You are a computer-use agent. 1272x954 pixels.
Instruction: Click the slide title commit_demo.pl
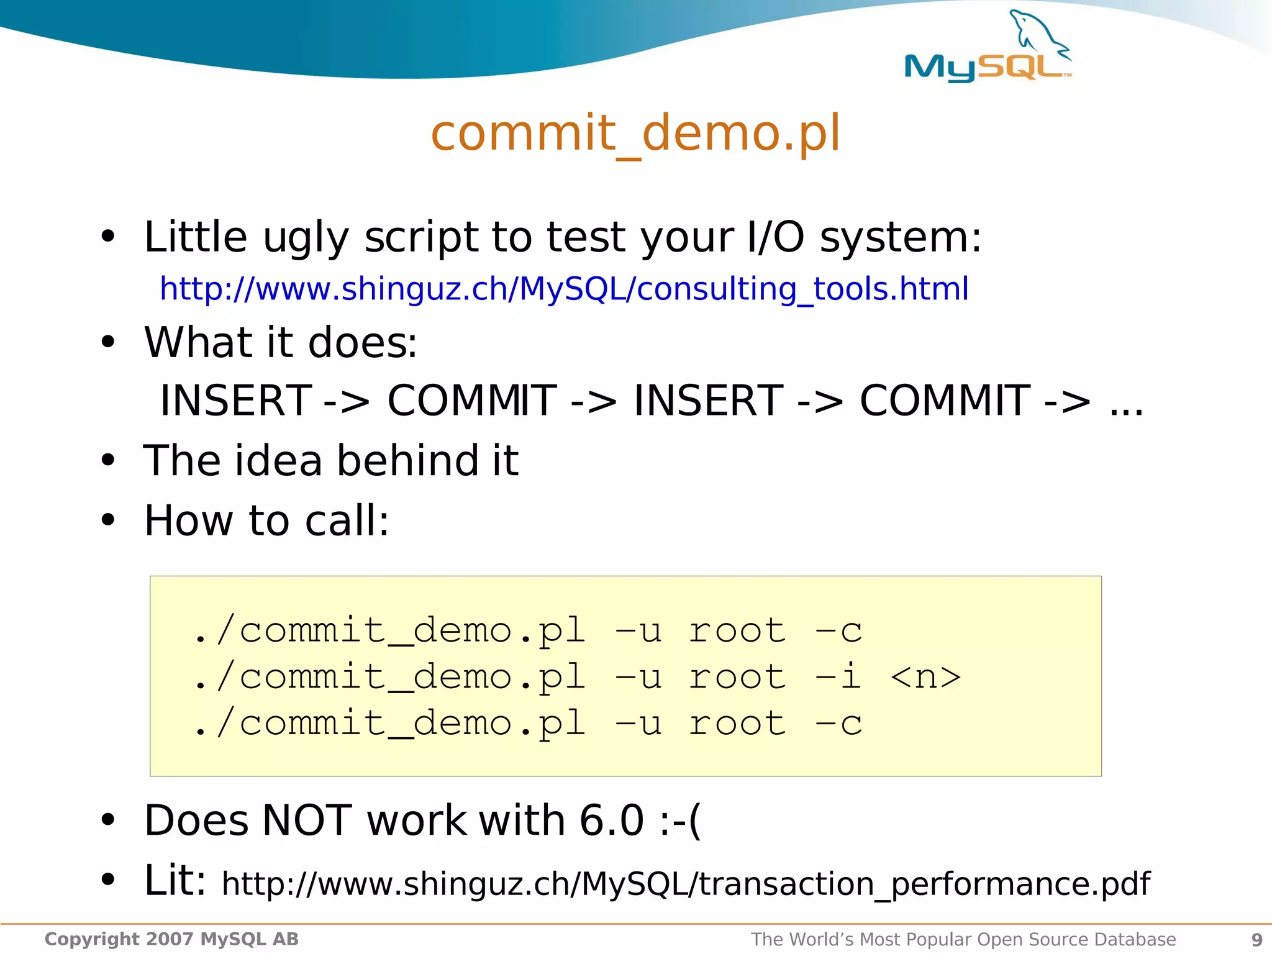635,133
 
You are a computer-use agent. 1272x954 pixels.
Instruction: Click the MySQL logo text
986,67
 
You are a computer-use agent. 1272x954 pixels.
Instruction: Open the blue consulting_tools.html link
563,289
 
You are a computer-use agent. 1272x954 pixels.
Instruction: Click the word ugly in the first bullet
306,238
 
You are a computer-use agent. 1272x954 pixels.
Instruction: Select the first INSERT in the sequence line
236,401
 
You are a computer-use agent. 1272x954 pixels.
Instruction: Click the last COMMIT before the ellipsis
945,401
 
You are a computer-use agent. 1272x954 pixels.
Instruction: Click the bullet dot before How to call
108,520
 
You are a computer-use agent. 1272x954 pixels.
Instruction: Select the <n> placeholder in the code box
925,676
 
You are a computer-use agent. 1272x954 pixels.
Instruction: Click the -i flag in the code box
838,676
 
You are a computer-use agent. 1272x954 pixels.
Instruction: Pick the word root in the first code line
737,630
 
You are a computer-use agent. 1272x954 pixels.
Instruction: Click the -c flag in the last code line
838,723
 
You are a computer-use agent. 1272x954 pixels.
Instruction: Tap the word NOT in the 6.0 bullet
307,820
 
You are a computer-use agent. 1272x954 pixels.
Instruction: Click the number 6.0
611,820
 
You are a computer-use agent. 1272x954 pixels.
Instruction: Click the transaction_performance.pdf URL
686,883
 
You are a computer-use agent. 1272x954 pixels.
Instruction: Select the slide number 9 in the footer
1256,940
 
